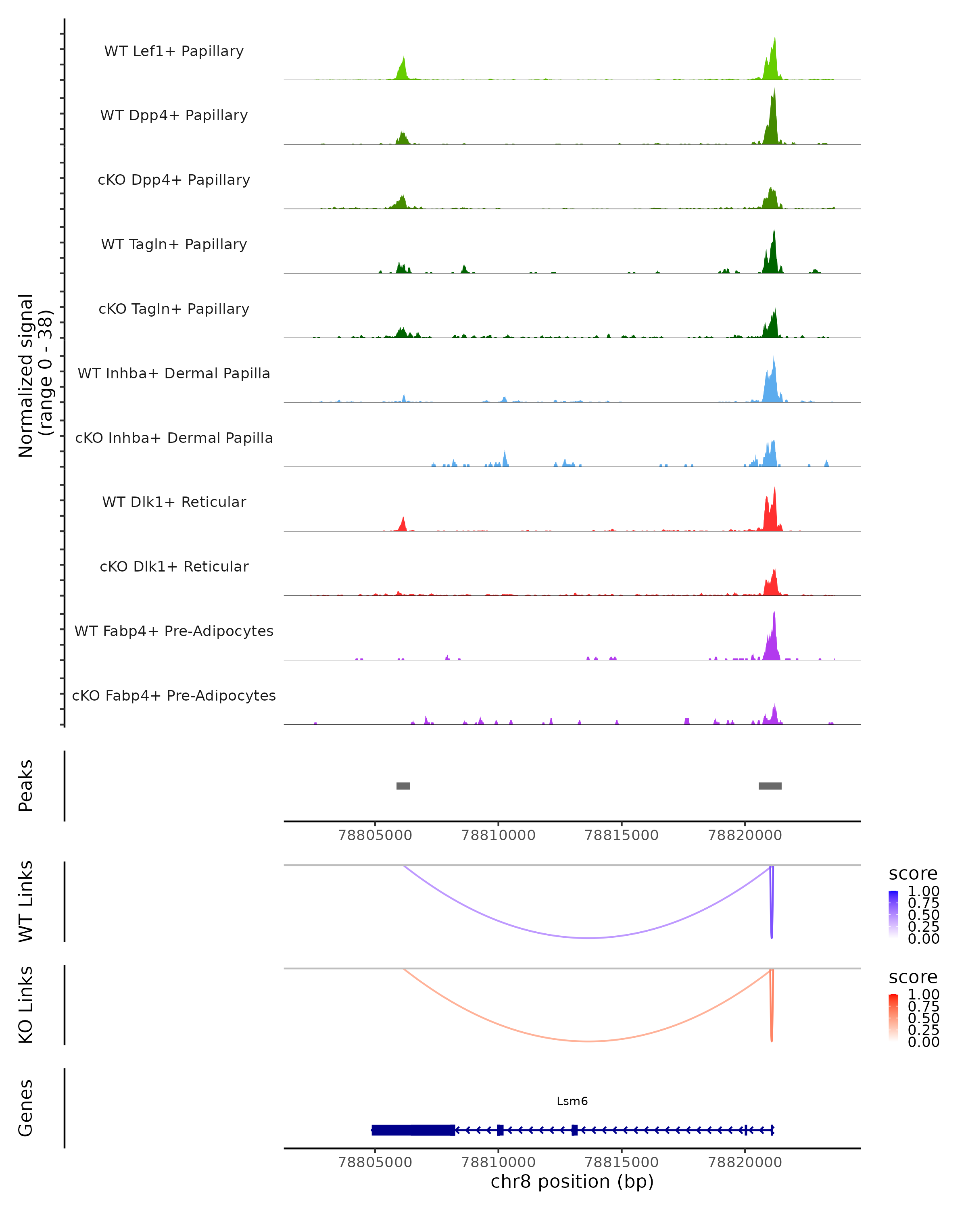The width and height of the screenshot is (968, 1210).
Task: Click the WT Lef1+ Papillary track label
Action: pyautogui.click(x=174, y=51)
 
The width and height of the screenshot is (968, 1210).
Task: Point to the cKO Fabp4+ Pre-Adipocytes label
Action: pyautogui.click(x=174, y=695)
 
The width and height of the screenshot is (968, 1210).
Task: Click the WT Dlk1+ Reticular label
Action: pyautogui.click(x=174, y=502)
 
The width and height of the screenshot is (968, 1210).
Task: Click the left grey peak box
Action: pyautogui.click(x=403, y=786)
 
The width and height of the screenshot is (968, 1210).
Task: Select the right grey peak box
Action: pyautogui.click(x=770, y=786)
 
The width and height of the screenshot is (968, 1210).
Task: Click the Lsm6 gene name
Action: pyautogui.click(x=572, y=1101)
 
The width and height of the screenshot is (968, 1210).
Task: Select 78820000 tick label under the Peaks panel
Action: pyautogui.click(x=745, y=835)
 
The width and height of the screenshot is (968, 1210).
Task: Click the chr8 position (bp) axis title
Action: pyautogui.click(x=572, y=1181)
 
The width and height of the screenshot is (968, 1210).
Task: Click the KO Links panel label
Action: pyautogui.click(x=26, y=1005)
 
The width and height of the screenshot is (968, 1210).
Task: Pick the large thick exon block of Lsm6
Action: pyautogui.click(x=413, y=1130)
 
